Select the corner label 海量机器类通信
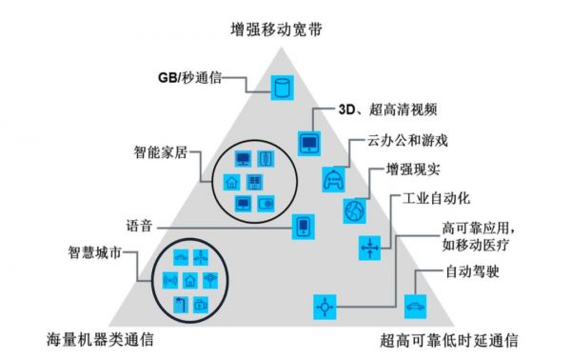pos(101,340)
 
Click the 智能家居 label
pos(161,151)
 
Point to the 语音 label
pos(139,227)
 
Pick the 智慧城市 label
pos(93,254)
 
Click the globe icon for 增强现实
pos(355,210)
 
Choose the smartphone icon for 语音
pos(303,227)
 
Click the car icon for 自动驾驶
pos(416,306)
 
